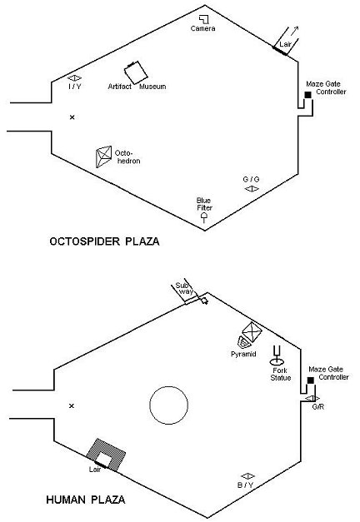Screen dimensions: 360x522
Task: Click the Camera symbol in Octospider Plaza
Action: (x=204, y=19)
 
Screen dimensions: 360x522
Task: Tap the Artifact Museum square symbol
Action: (x=136, y=73)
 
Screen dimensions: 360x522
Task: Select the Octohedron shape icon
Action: (x=103, y=157)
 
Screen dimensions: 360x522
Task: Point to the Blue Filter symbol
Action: (x=204, y=218)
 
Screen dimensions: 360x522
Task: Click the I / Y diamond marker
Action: (x=74, y=78)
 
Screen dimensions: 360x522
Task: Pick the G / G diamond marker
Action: (x=252, y=189)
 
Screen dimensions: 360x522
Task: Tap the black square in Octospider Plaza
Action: (x=308, y=95)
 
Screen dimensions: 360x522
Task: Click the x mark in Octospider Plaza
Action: (x=72, y=117)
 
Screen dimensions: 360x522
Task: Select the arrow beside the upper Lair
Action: (x=294, y=31)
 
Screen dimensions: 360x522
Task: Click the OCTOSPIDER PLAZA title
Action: (x=104, y=241)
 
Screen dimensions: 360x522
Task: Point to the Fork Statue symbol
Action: (x=277, y=355)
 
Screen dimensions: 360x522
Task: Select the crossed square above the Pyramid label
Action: (x=252, y=332)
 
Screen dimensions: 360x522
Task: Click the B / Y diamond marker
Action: (x=247, y=476)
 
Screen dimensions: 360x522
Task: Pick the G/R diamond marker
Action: (x=312, y=399)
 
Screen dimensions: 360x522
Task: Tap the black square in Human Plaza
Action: (x=310, y=380)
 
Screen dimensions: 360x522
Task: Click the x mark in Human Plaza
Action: (x=72, y=405)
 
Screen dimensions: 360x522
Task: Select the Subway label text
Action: (x=184, y=288)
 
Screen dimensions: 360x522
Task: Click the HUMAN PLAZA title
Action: (x=86, y=500)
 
